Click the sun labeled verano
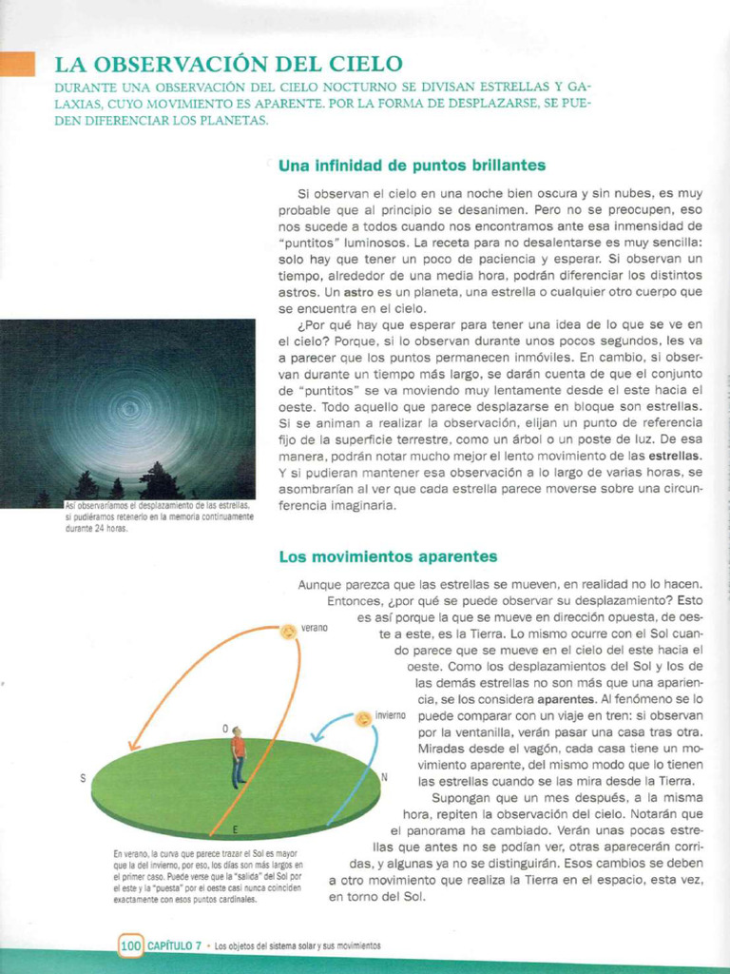287,632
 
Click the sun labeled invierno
362,719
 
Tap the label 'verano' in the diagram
315,628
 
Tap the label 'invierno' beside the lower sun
391,714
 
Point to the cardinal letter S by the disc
83,778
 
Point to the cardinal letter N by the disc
384,777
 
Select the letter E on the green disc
235,829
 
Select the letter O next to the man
225,729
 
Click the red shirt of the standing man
238,747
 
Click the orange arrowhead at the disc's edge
132,747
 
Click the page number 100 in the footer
131,945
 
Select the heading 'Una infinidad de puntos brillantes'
412,166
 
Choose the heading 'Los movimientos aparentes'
388,556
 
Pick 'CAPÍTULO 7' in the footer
175,945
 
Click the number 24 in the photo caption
98,530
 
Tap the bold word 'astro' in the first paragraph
358,292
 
